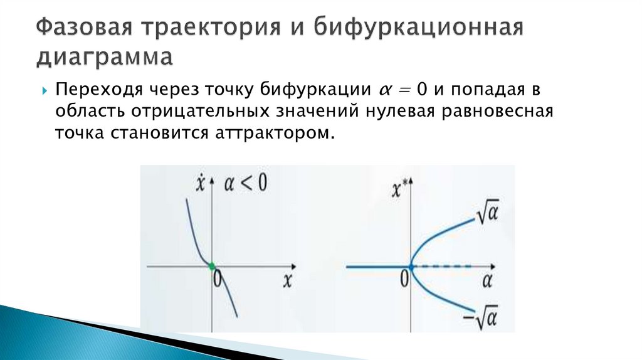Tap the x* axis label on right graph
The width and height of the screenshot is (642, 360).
pos(399,189)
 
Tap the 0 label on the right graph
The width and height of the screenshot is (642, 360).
pos(405,277)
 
